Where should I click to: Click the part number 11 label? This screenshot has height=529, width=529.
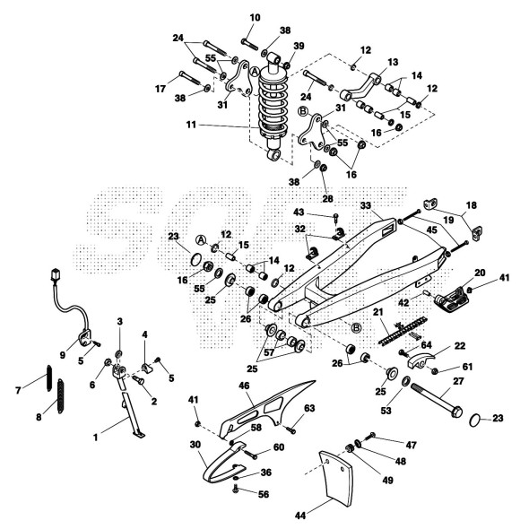tap(191, 126)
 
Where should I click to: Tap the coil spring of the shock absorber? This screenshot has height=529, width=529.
tap(273, 105)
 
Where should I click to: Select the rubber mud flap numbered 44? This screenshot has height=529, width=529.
tap(335, 479)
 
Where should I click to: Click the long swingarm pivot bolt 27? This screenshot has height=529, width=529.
tap(436, 401)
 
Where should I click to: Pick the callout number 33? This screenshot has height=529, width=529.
tap(366, 205)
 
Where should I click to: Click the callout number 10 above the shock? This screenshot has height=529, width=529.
tap(256, 18)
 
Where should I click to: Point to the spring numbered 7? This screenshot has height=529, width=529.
tap(49, 377)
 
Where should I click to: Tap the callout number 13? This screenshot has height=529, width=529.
tap(393, 62)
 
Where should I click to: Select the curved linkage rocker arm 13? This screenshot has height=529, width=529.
tap(360, 90)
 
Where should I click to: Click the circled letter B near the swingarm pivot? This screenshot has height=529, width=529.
tap(356, 327)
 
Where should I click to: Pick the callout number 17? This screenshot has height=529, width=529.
tap(160, 89)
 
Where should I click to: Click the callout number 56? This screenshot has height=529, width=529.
tap(264, 495)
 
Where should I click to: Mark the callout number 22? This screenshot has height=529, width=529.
tap(460, 346)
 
